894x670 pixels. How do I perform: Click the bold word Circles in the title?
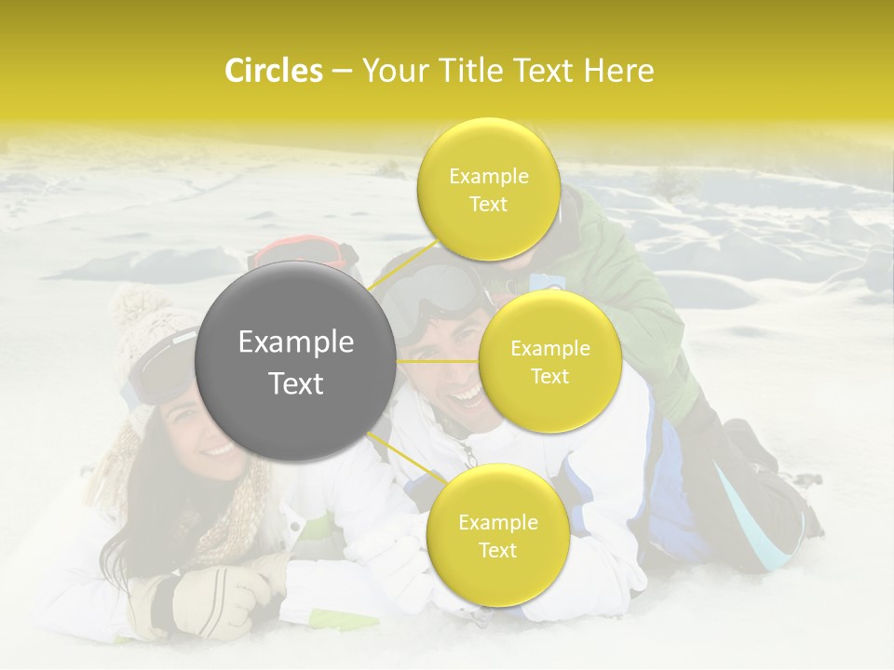[x=274, y=71]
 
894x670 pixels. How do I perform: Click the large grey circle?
[x=296, y=361]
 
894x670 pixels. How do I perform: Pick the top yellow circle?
[x=488, y=189]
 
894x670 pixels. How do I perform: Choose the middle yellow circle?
[x=549, y=361]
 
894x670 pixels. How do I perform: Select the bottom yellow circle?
[x=497, y=535]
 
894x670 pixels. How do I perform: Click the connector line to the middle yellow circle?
[x=438, y=361]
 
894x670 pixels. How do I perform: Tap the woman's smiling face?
[x=200, y=437]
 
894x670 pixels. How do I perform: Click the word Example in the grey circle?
[x=296, y=342]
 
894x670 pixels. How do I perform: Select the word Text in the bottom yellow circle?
[x=497, y=550]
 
